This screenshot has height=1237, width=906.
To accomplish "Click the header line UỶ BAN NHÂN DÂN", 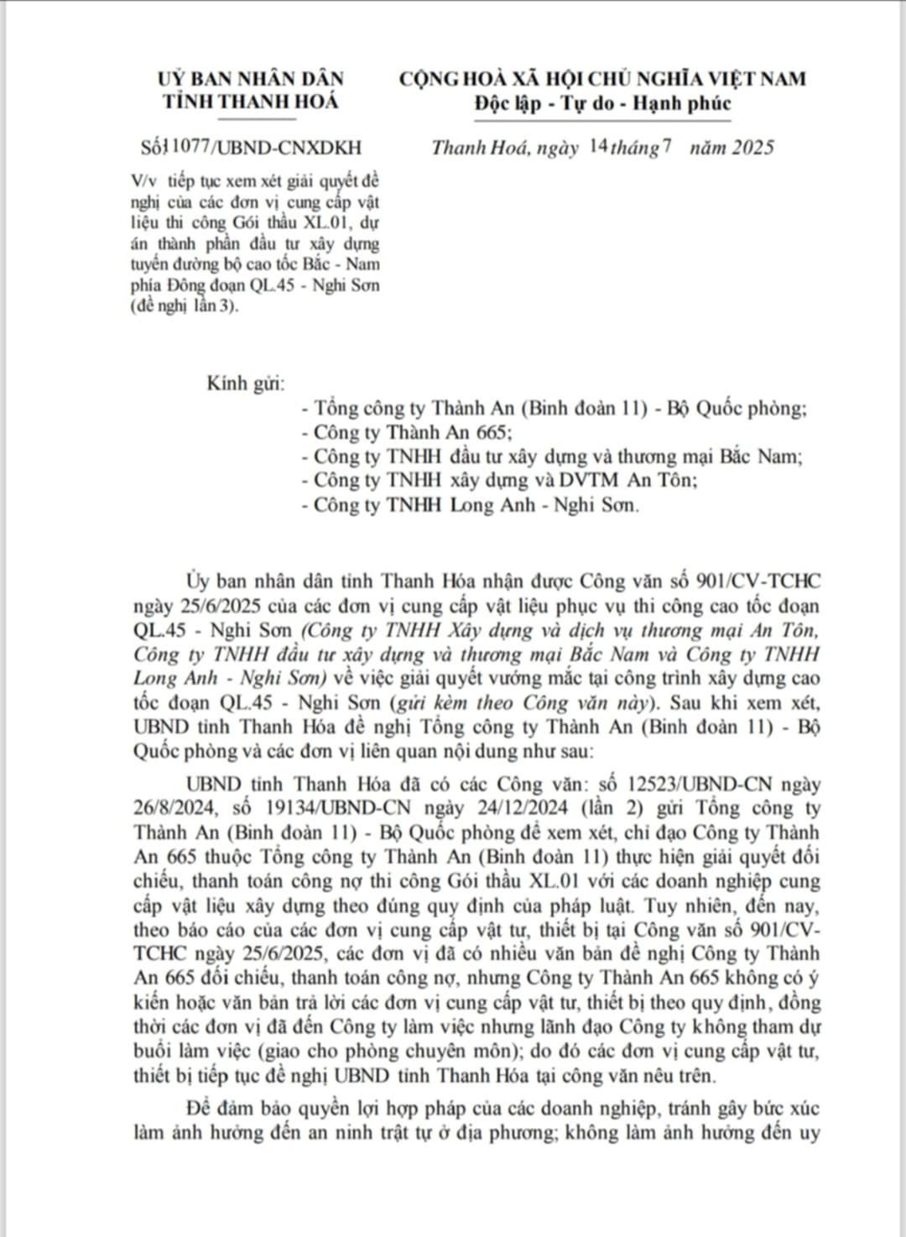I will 251,79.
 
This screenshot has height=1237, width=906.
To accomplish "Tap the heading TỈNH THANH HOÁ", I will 251,102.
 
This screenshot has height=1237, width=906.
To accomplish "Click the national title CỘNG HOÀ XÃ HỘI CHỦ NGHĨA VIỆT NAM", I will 601,79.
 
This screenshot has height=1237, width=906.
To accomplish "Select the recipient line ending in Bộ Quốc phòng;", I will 554,409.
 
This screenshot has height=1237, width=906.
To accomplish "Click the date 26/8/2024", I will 174,809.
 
